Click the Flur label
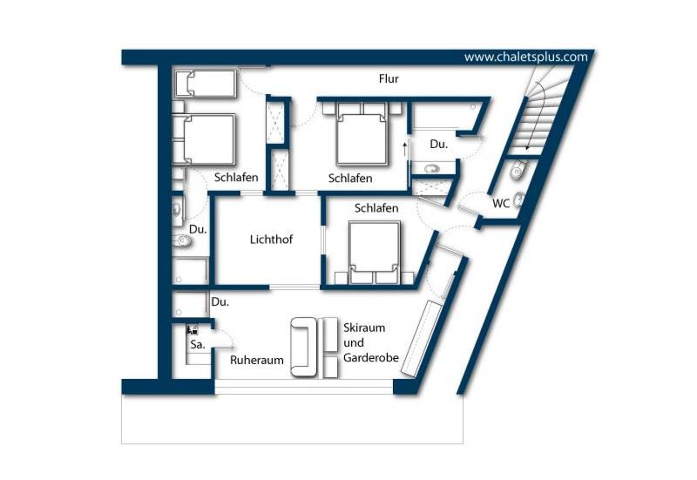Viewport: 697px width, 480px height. (x=389, y=79)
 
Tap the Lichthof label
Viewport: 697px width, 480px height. (x=271, y=240)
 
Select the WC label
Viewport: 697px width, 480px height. (x=501, y=204)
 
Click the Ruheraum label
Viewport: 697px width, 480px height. (x=256, y=360)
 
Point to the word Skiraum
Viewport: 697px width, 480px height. (x=364, y=328)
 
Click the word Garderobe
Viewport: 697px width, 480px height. (x=371, y=358)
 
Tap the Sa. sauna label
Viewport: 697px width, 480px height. (x=198, y=344)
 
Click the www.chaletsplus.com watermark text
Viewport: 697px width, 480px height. (x=526, y=57)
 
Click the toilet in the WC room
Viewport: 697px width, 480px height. (x=518, y=170)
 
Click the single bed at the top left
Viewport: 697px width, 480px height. (x=205, y=83)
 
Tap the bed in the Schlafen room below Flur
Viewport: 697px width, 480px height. (x=362, y=133)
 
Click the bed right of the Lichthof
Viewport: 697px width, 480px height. (x=375, y=252)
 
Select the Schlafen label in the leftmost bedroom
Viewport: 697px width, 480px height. (x=236, y=178)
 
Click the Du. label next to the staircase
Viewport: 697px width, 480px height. (x=439, y=145)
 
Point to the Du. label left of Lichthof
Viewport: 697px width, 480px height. (x=198, y=230)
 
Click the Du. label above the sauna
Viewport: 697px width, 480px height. (x=220, y=302)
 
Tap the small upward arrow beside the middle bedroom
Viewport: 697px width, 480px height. (x=404, y=149)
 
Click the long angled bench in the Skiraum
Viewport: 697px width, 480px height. (x=420, y=339)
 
